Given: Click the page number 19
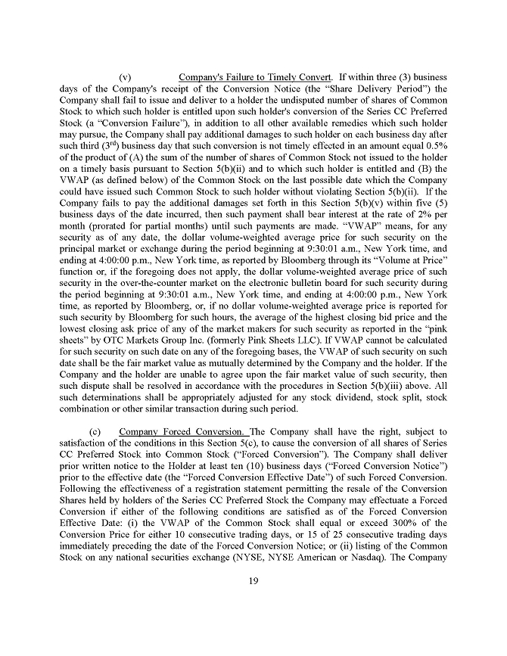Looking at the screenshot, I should coord(253,581).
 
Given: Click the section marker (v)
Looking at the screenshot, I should coord(126,77).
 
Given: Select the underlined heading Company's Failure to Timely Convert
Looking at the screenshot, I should coord(255,77).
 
